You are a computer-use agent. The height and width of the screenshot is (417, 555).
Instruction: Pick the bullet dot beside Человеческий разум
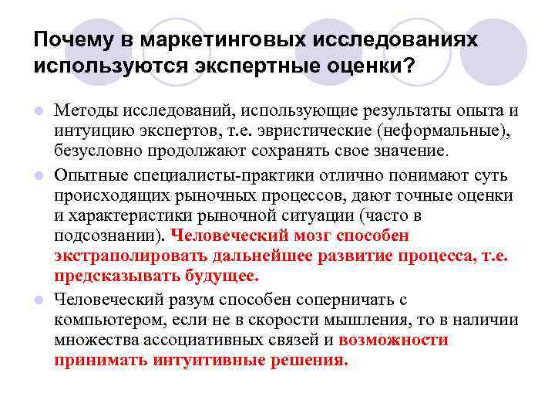click(39, 300)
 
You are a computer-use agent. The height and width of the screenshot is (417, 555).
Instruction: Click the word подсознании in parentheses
click(103, 235)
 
